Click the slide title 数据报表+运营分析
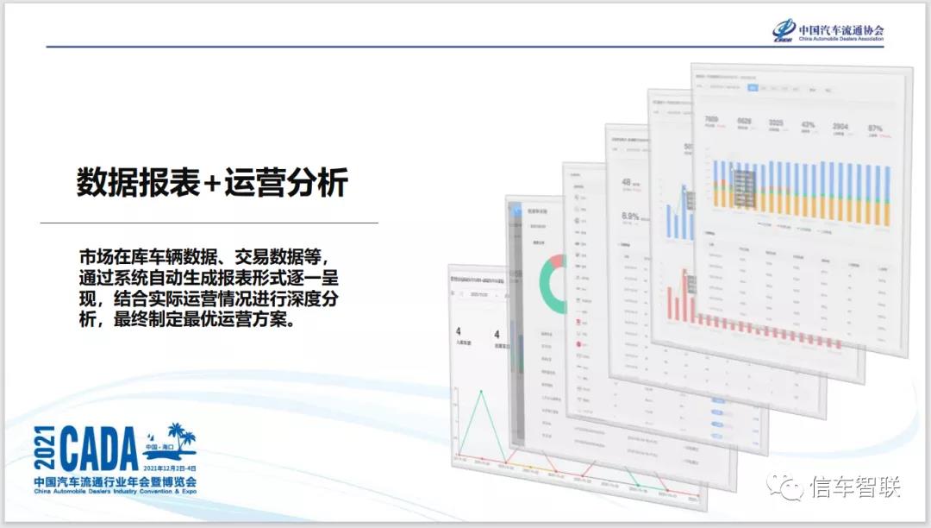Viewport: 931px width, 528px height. point(212,184)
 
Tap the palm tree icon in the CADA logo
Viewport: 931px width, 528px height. point(179,434)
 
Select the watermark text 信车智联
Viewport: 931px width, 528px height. point(855,487)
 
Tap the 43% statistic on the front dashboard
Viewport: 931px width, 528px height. point(808,124)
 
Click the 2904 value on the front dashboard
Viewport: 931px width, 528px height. point(840,126)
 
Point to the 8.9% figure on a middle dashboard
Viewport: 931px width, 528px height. point(629,217)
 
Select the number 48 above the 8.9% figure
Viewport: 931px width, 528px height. point(627,182)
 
